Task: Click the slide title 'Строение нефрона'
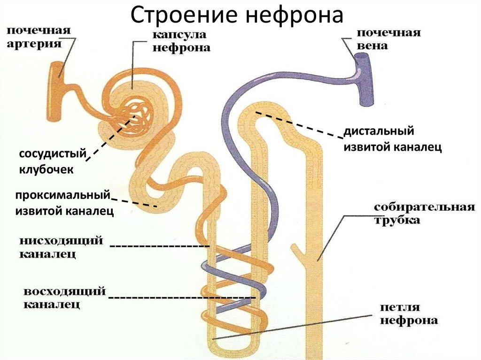point(237,15)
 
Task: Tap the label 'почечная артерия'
point(39,38)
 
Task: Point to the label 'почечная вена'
point(388,40)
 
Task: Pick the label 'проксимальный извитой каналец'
point(64,203)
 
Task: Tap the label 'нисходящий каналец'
point(61,247)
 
